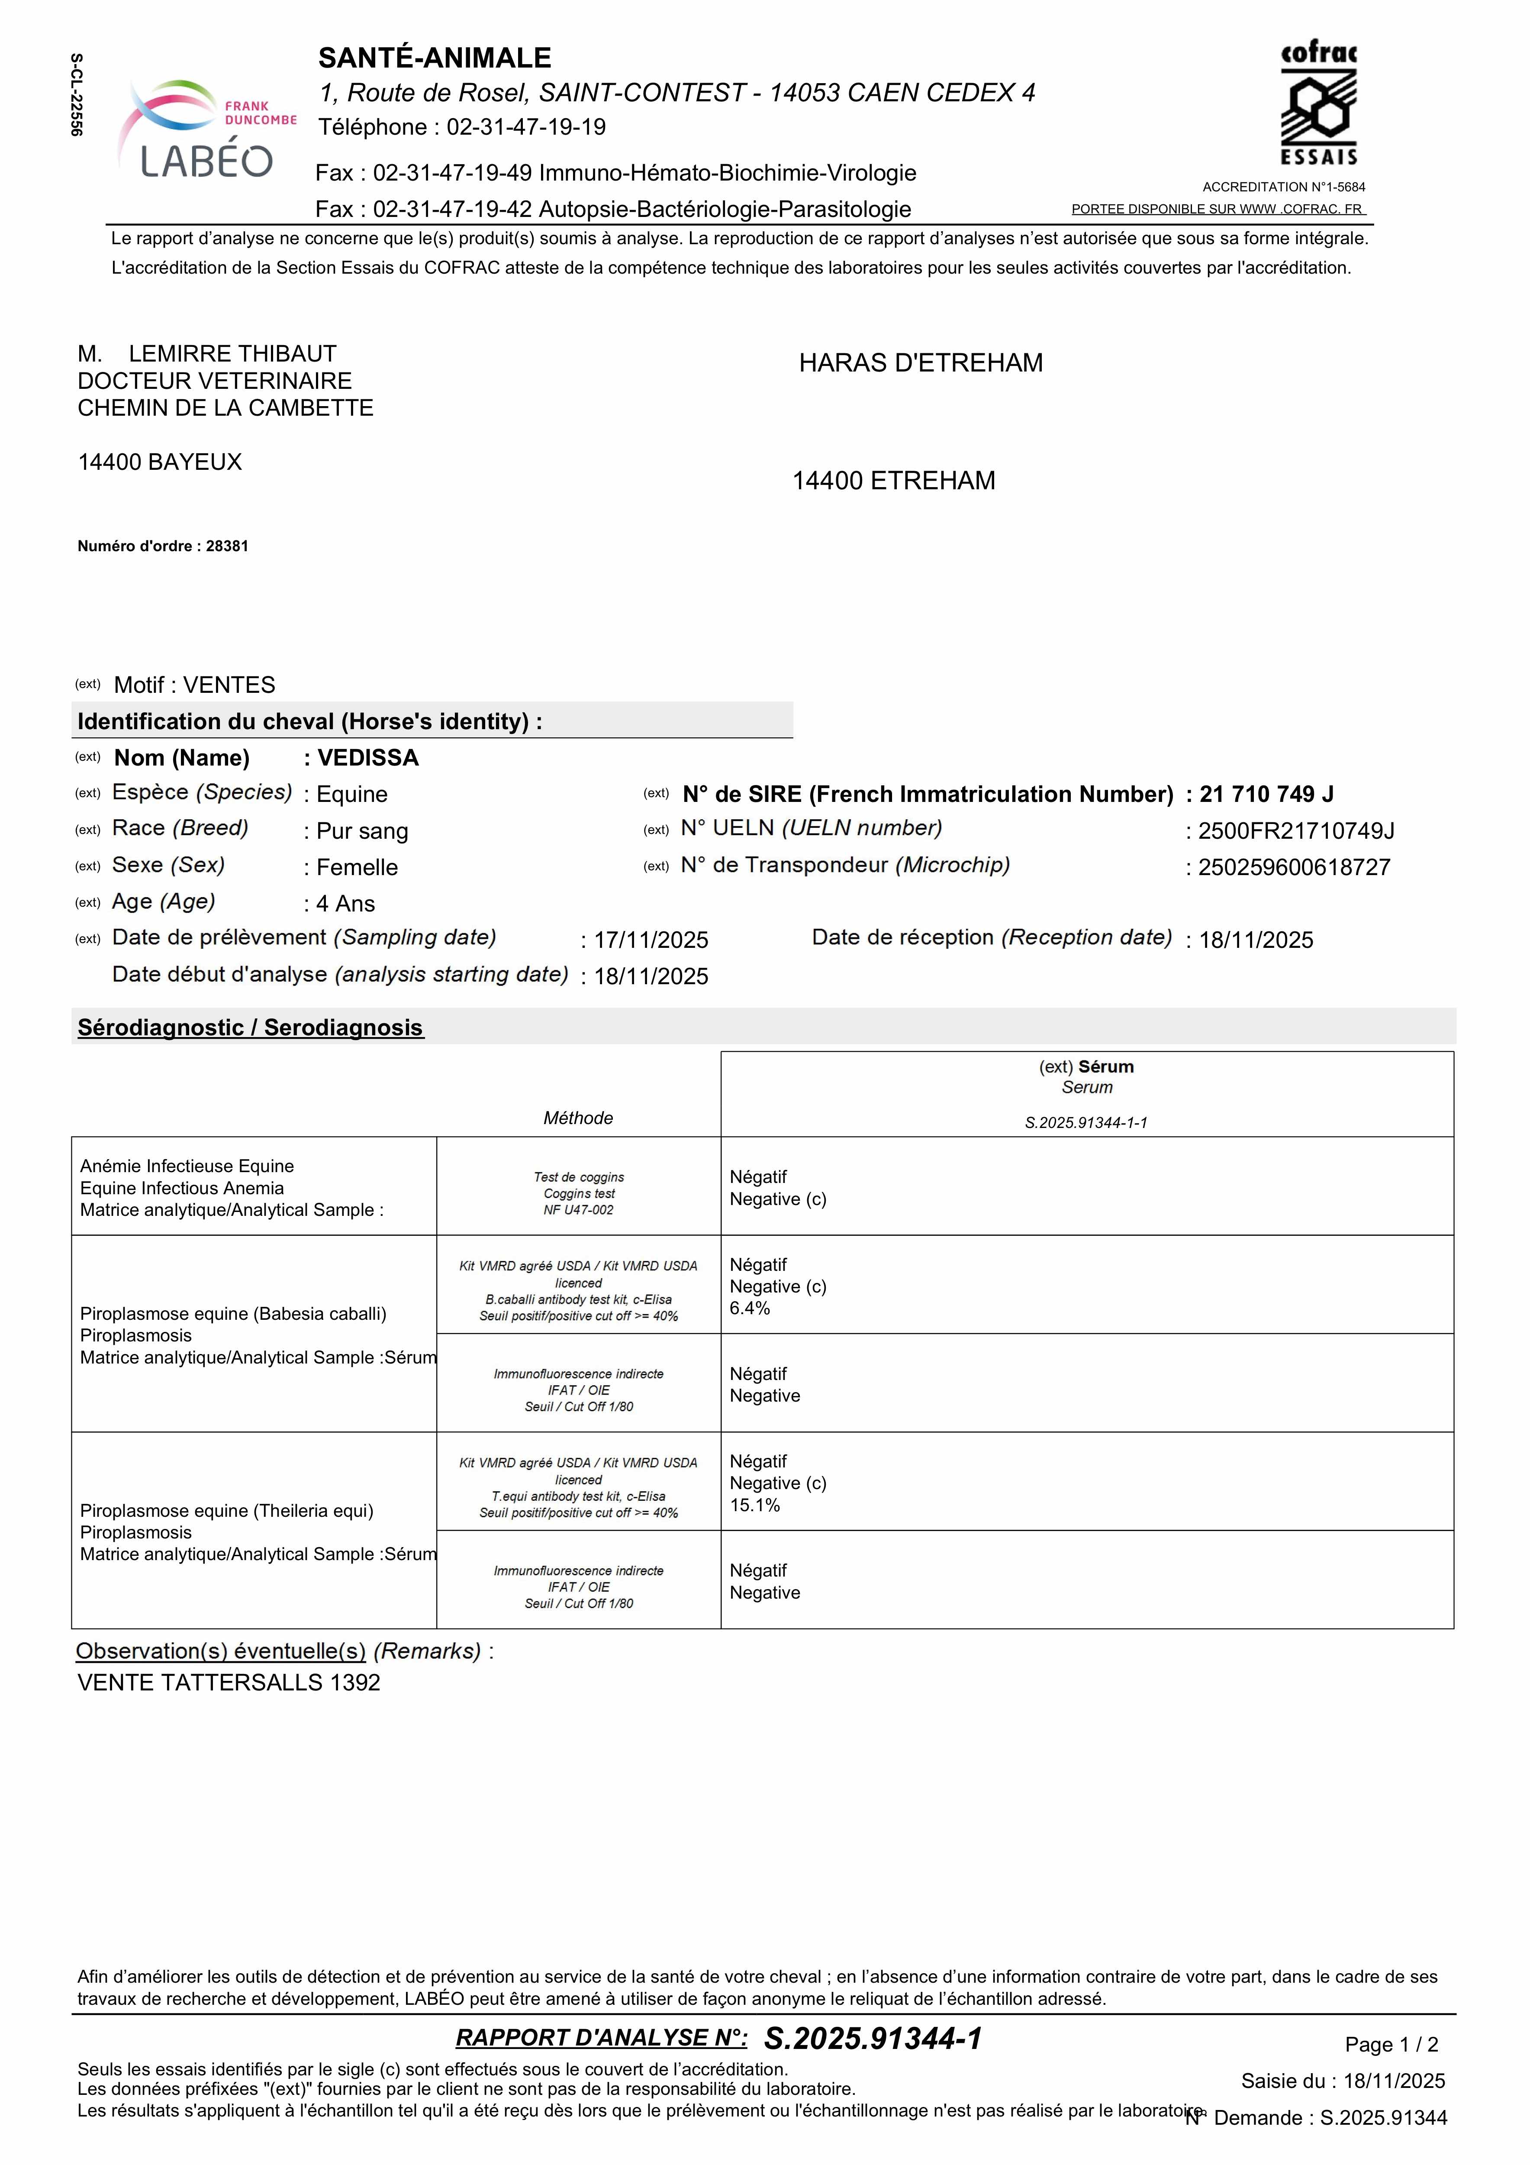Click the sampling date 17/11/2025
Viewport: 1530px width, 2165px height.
coord(651,940)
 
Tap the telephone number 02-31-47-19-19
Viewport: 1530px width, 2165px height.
coord(526,127)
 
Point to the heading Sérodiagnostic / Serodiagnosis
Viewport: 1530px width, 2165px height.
coord(251,1028)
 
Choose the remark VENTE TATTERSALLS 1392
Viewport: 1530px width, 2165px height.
coord(229,1682)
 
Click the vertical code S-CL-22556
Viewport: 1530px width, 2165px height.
coord(76,94)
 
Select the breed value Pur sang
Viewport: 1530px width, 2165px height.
coord(362,831)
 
